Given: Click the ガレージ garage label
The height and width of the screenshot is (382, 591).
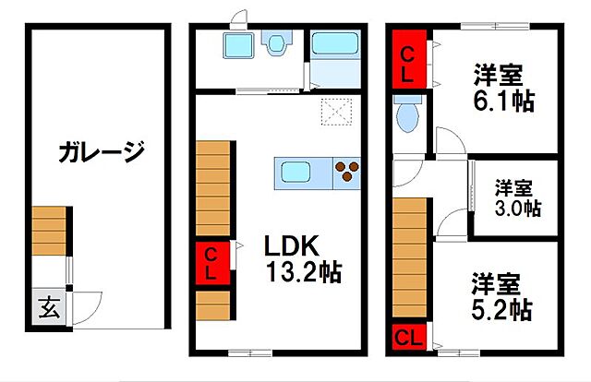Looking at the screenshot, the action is point(102,151).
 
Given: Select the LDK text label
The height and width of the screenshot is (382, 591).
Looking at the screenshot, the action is point(292,246).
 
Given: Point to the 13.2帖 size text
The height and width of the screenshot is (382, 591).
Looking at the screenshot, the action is point(304,272).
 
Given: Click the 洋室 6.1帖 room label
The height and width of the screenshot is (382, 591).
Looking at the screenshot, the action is point(503,89).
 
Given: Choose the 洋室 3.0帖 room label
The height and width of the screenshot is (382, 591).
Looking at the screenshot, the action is point(517,197).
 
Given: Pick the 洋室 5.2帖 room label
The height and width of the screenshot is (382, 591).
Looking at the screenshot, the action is point(501,296).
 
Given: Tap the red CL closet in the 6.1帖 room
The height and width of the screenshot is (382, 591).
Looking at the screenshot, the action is point(409,60).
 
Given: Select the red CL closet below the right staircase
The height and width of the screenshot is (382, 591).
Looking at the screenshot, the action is point(409,337).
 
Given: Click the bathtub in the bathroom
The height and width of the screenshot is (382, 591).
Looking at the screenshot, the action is point(335,43).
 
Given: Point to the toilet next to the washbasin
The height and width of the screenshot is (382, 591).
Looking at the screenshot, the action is point(277,42).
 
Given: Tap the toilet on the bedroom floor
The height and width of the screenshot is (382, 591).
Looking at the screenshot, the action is point(408,113).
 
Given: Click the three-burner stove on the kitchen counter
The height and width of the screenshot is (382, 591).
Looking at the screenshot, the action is point(347,173).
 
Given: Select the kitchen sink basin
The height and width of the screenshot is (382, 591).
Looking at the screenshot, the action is point(295,172).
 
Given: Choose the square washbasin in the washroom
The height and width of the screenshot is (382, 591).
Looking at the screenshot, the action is point(238,45).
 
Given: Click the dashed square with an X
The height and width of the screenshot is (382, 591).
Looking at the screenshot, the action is point(336,112).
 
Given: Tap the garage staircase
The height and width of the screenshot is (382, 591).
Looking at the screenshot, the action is point(49,231).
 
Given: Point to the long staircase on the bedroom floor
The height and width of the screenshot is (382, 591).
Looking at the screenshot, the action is point(409,257).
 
